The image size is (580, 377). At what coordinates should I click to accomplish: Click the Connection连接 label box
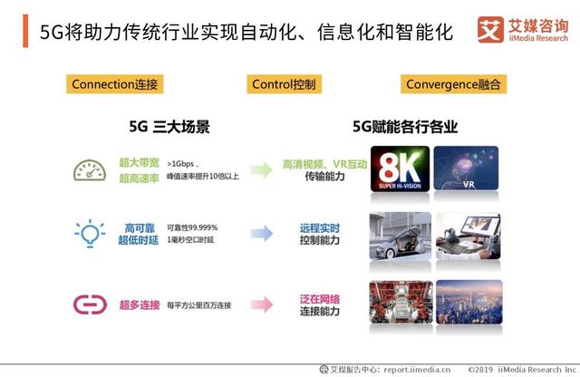click(115, 85)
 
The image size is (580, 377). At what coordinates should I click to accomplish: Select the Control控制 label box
click(284, 85)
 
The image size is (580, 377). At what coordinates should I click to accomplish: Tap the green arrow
click(261, 169)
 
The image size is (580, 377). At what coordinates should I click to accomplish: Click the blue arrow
click(261, 233)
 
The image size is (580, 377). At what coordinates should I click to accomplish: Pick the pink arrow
click(261, 304)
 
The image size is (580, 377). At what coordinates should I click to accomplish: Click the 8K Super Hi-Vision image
click(400, 165)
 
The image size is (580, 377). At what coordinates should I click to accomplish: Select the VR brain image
click(469, 165)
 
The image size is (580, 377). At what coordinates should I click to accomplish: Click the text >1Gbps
click(184, 163)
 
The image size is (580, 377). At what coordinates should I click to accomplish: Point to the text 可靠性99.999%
click(192, 227)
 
